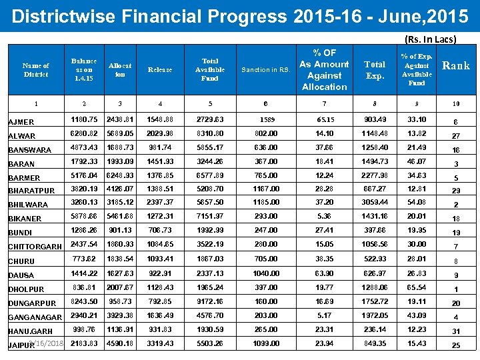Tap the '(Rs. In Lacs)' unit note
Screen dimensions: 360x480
pyautogui.click(x=431, y=39)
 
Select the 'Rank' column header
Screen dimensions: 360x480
pyautogui.click(x=456, y=65)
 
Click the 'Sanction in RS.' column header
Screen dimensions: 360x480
pyautogui.click(x=266, y=69)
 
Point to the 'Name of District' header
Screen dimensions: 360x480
pyautogui.click(x=35, y=70)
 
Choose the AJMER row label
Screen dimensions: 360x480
pyautogui.click(x=21, y=122)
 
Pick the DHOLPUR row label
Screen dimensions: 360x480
pyautogui.click(x=26, y=289)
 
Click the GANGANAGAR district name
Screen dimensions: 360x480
pyautogui.click(x=35, y=317)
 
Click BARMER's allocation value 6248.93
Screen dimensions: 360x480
pyautogui.click(x=120, y=175)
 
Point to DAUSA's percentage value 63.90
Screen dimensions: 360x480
pyautogui.click(x=324, y=273)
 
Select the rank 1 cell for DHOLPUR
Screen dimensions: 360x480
pyautogui.click(x=455, y=289)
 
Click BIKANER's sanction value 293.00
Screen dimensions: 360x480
pyautogui.click(x=266, y=217)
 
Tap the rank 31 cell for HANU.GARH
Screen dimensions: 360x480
pyautogui.click(x=455, y=331)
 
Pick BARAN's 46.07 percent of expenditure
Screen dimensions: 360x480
pyautogui.click(x=417, y=161)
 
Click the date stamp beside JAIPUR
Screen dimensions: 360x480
pyautogui.click(x=49, y=343)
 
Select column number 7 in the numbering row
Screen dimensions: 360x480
pyautogui.click(x=324, y=103)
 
